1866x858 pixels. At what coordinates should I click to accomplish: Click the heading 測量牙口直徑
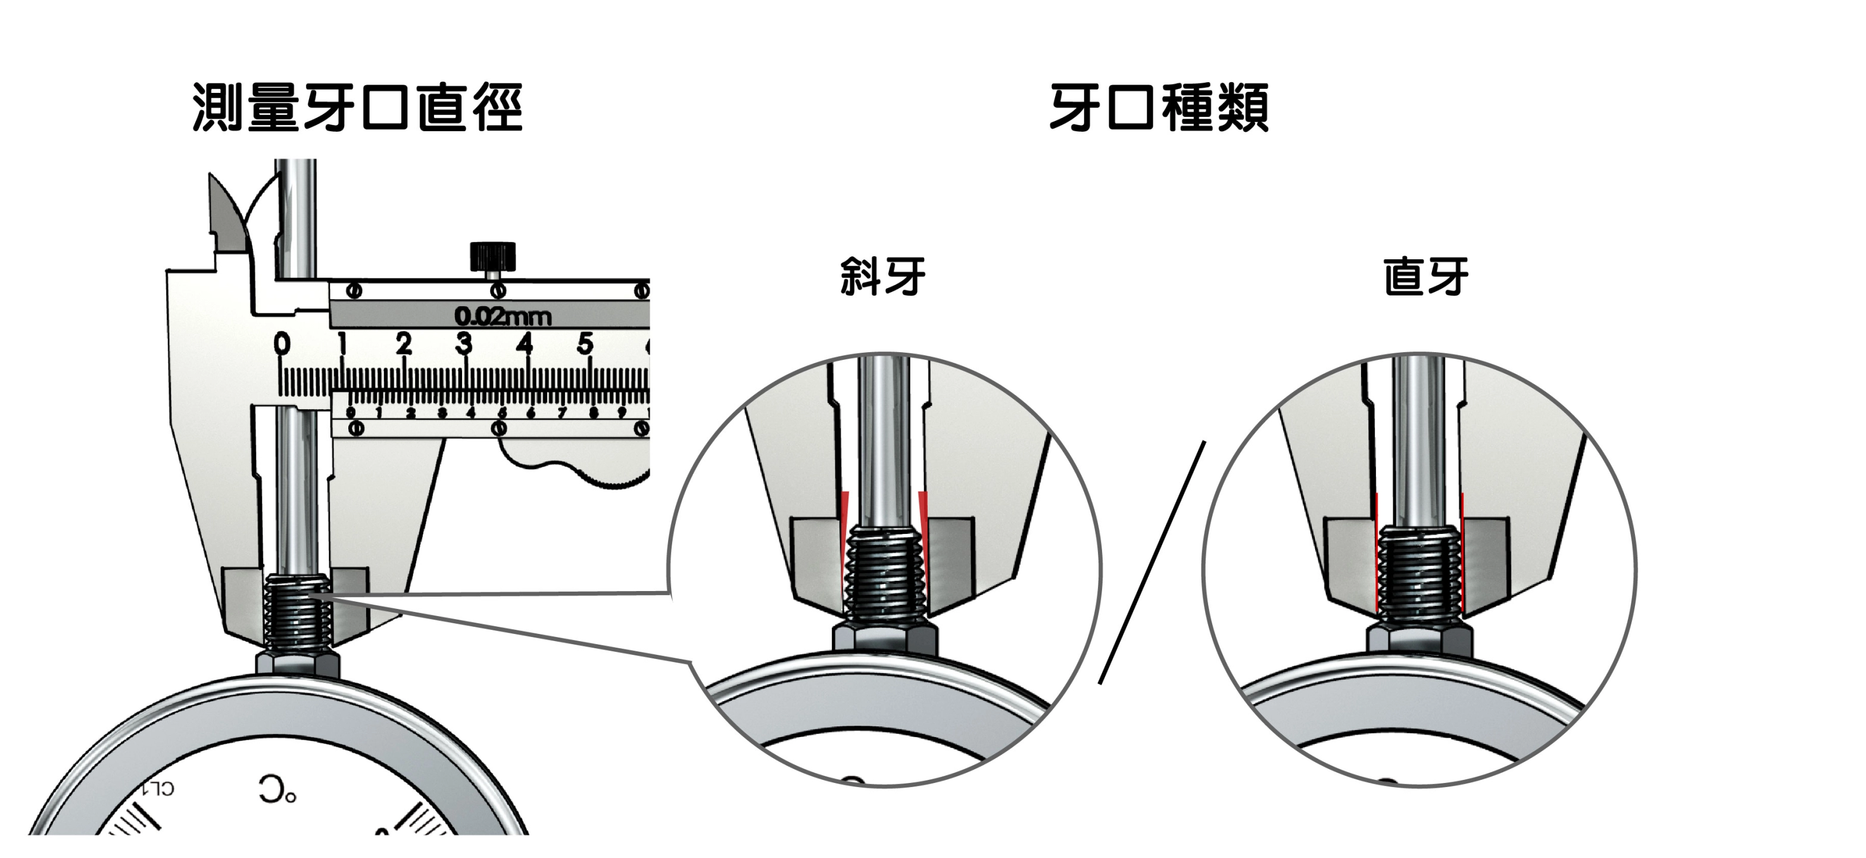(357, 108)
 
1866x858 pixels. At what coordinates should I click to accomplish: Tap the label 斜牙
(882, 276)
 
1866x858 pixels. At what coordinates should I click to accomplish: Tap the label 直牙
(1425, 276)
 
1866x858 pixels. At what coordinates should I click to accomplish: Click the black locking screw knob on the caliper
(492, 256)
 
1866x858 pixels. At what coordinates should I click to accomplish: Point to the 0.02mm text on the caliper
(503, 316)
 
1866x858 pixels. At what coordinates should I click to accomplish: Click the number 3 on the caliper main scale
(464, 343)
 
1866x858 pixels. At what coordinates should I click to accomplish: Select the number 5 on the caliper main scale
(585, 343)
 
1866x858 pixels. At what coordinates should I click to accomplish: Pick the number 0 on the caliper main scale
(282, 343)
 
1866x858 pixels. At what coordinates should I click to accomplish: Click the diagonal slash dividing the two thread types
(1152, 562)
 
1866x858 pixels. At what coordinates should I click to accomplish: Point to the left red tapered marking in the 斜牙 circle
(845, 540)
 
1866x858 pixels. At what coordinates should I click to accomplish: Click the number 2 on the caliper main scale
(404, 343)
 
